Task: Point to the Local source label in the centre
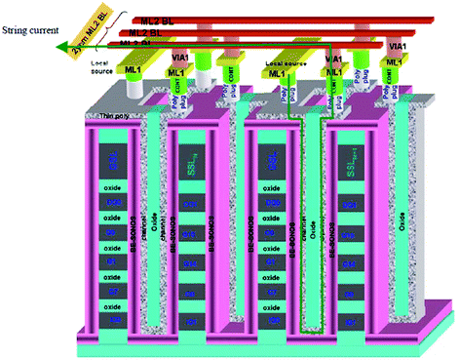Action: (280, 62)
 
